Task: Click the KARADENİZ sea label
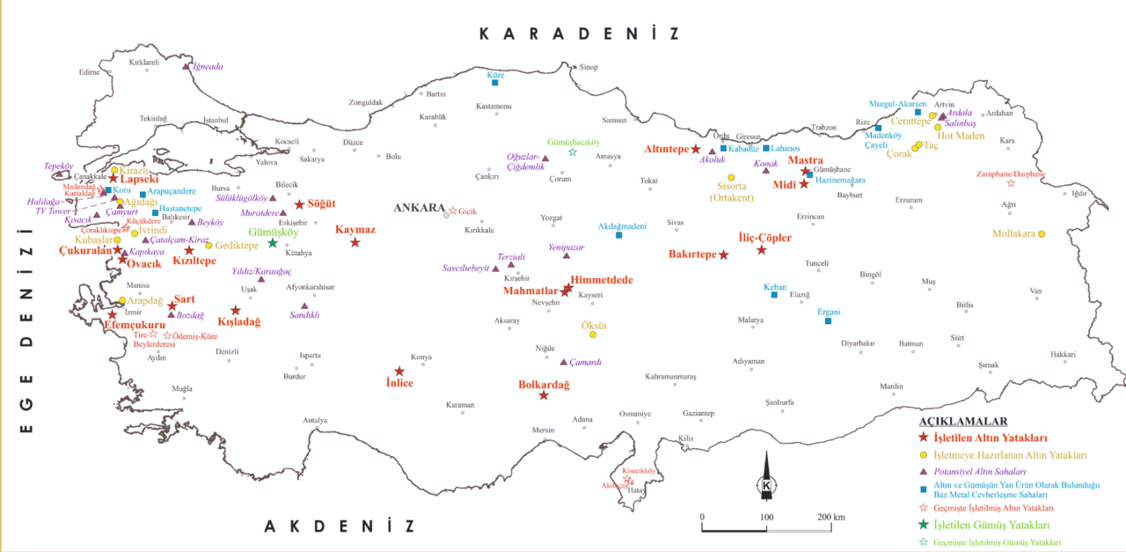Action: tap(580, 34)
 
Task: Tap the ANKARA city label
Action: tap(419, 208)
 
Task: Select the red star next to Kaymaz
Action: tap(355, 242)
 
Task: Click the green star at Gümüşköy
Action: tap(273, 243)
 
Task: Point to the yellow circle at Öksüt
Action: tap(593, 335)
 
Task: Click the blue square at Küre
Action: tap(495, 83)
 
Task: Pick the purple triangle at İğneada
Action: tap(186, 66)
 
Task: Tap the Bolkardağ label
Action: tap(544, 385)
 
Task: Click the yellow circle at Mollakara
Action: tap(1042, 234)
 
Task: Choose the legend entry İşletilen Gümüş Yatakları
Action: tap(989, 526)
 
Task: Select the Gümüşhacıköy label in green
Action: tap(573, 141)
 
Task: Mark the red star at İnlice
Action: tap(398, 372)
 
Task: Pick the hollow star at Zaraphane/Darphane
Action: tap(1011, 183)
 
